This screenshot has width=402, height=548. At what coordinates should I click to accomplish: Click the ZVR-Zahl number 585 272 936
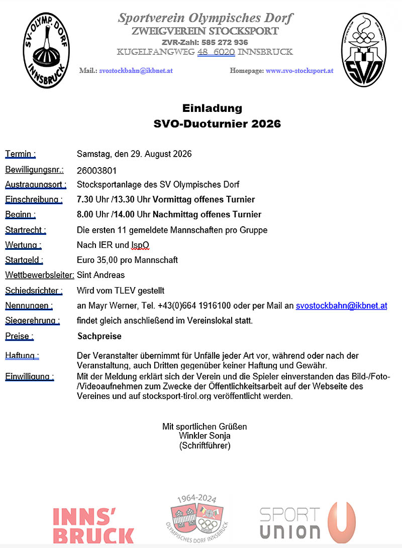pos(220,42)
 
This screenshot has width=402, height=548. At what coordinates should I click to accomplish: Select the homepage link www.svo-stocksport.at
pos(299,71)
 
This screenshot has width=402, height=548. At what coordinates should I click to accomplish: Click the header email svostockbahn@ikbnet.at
pos(136,71)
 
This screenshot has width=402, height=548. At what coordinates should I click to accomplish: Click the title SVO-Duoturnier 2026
pos(217,123)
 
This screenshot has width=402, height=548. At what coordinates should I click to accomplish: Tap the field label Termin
pos(20,154)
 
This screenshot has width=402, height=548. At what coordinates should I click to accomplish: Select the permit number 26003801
pos(96,171)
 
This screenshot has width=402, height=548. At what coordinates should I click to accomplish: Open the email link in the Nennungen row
pos(341,306)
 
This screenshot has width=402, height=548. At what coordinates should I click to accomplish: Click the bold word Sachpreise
pos(99,336)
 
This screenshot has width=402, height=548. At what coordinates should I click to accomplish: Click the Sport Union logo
pos(308,523)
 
